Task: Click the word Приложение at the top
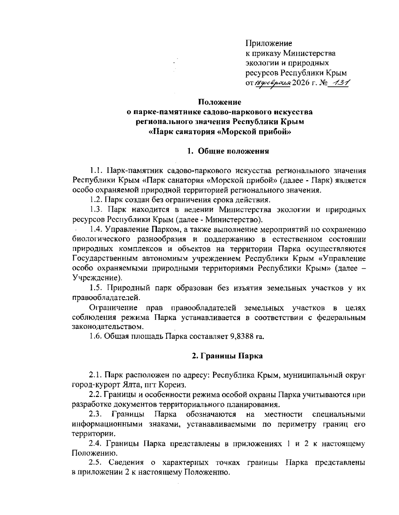pos(269,43)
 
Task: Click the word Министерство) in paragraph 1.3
pos(232,219)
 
